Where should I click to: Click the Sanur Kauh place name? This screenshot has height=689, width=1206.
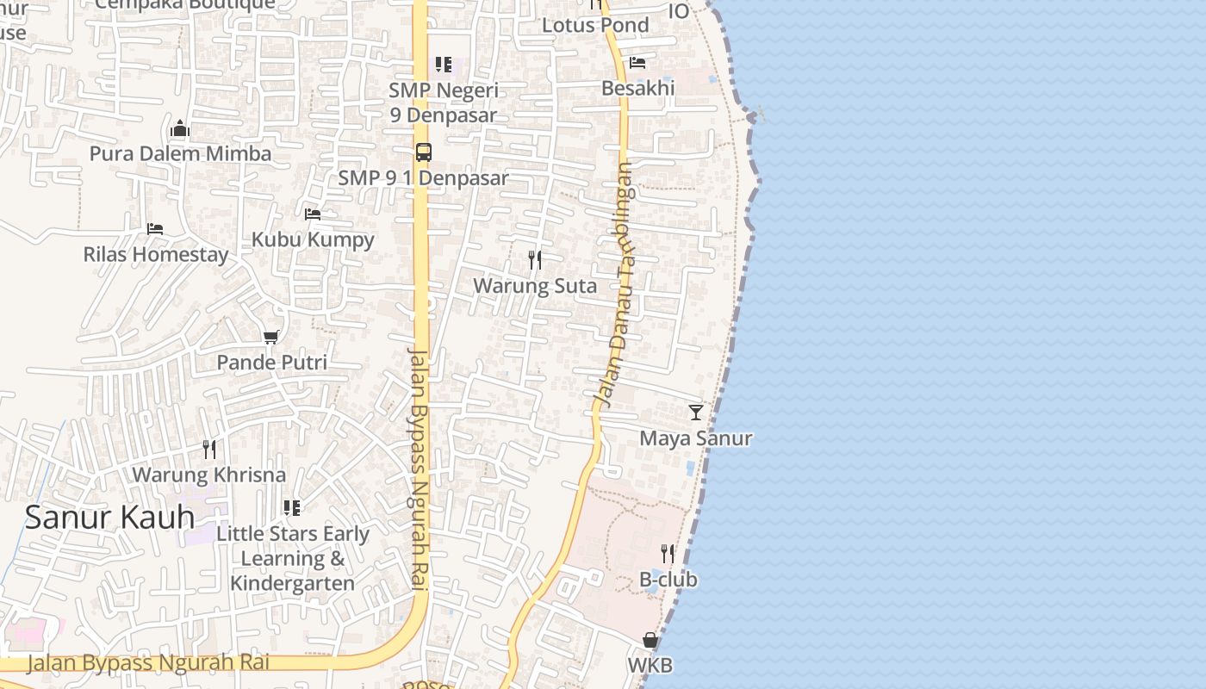tap(109, 517)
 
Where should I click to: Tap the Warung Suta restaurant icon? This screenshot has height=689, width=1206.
tap(535, 259)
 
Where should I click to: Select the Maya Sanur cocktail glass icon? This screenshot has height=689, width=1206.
tap(696, 413)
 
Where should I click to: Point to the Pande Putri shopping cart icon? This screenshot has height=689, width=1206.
tap(271, 337)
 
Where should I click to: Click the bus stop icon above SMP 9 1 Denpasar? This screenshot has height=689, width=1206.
tap(423, 152)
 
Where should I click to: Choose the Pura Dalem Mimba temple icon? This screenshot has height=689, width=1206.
tap(180, 129)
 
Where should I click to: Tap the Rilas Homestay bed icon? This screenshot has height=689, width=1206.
tap(155, 229)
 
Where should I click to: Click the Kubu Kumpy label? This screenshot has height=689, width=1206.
tap(313, 239)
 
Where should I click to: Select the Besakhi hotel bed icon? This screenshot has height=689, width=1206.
tap(637, 63)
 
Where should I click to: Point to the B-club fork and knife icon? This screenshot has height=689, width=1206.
tap(668, 554)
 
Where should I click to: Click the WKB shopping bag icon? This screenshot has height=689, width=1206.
tap(650, 641)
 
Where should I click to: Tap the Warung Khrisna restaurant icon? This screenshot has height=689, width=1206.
tap(209, 449)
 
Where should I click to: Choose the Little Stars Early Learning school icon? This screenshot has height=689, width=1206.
tap(292, 508)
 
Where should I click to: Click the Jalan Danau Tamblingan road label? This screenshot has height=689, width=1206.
tap(616, 284)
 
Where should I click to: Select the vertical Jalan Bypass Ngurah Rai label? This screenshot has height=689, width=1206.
tap(418, 469)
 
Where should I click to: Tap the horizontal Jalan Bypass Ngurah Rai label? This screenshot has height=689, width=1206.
tap(148, 662)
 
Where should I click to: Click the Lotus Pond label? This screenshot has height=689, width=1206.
tap(594, 25)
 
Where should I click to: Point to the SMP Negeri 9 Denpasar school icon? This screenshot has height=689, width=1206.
tap(444, 65)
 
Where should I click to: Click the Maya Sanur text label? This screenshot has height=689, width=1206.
tap(695, 438)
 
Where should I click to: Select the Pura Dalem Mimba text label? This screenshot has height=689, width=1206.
tap(180, 154)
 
